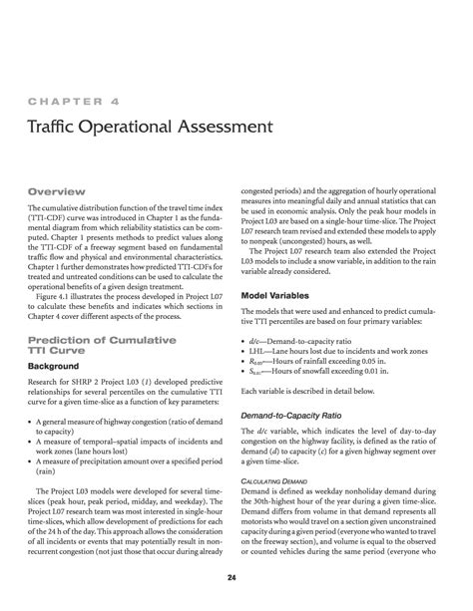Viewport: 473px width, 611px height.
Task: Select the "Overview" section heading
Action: [x=56, y=190]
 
